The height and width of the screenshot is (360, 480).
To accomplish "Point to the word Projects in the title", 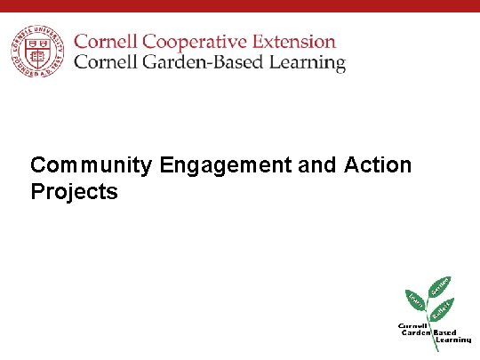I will [74, 192].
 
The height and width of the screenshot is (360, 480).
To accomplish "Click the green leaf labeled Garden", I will [440, 286].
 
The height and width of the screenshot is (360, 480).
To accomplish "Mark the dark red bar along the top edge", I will [240, 5].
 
